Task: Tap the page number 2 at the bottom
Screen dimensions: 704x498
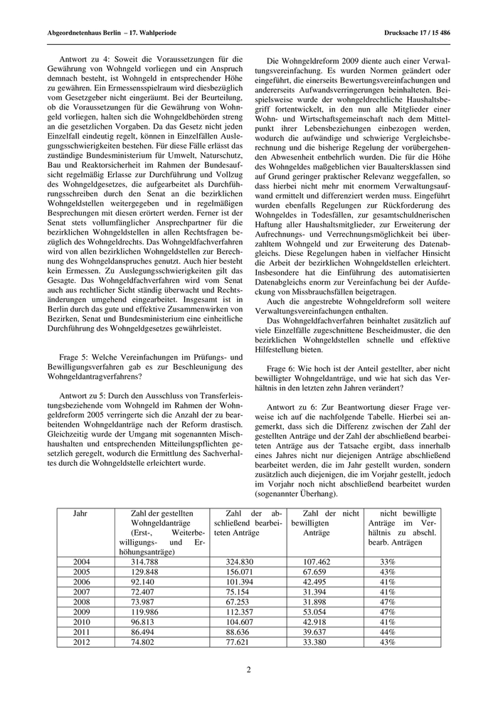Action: (249, 669)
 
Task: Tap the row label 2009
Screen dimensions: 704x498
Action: (82, 611)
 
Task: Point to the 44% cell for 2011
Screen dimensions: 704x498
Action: (388, 631)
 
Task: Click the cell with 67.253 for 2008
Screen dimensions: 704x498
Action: (238, 601)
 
